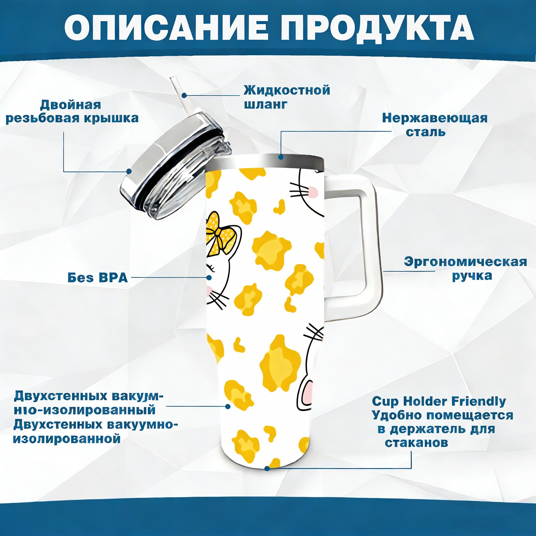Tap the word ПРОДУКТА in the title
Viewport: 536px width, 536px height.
377,28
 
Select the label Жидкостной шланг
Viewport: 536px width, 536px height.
287,97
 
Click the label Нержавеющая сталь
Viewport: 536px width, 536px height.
435,125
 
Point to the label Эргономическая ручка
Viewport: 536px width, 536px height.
465,269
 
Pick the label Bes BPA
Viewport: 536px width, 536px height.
98,278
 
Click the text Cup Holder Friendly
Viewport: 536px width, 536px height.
439,401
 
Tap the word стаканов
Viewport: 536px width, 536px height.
416,443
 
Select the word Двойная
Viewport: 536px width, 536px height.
70,105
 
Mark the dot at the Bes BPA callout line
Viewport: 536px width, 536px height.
209,277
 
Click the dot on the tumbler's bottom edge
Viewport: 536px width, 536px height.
267,468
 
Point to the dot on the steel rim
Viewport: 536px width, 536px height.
281,157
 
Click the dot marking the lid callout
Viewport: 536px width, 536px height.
129,172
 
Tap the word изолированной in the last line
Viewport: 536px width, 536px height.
67,439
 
